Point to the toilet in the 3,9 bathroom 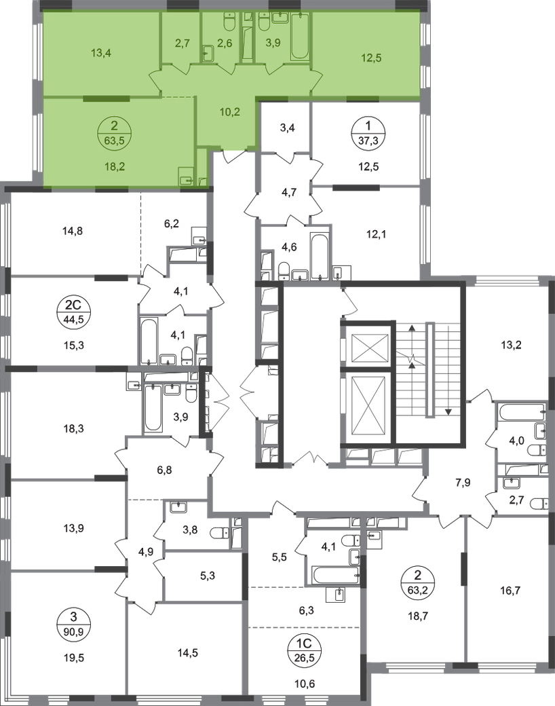tap(263, 24)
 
